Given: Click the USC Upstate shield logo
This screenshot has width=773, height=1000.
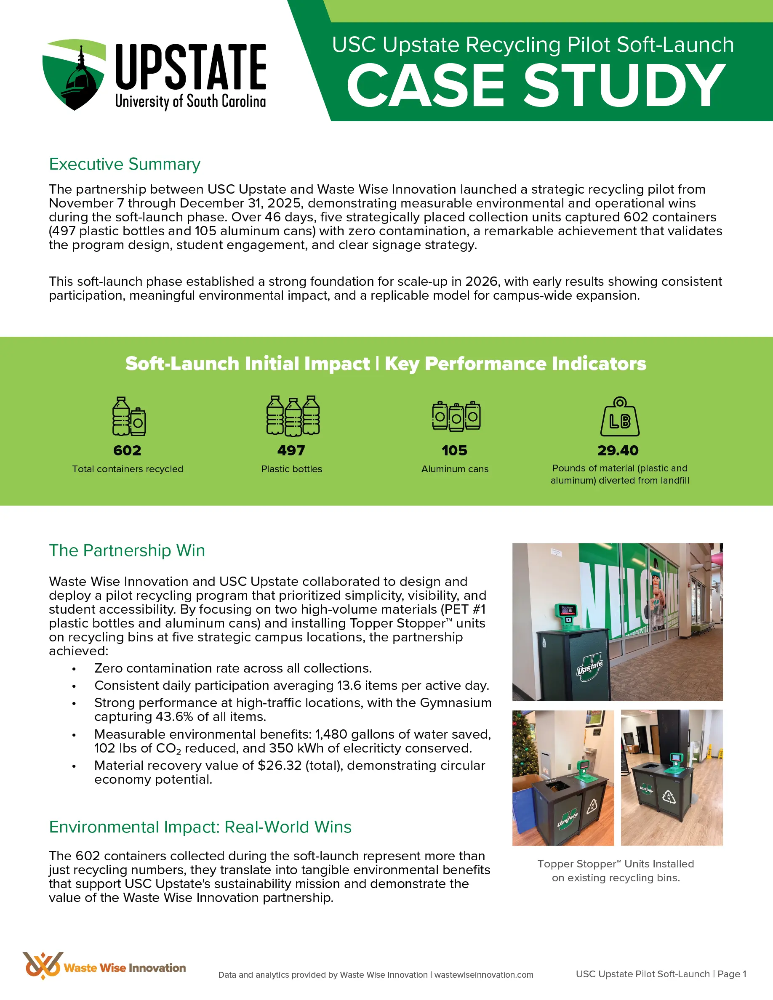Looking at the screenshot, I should (74, 74).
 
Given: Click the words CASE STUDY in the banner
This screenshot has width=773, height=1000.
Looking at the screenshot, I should (536, 85).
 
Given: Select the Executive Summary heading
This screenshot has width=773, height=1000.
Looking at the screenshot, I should (125, 164).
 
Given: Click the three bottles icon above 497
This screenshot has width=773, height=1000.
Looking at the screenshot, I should (293, 415).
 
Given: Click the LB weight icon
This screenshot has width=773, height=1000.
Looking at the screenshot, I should (620, 417).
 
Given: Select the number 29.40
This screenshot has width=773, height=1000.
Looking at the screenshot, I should (618, 451).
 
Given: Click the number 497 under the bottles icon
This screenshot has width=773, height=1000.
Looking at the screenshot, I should (291, 451).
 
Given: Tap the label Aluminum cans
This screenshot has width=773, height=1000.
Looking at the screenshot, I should (455, 469).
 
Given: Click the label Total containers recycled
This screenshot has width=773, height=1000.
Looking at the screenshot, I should (128, 469).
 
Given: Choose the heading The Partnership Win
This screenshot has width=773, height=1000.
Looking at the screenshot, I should (127, 551).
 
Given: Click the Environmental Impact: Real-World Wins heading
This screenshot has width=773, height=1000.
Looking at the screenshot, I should (200, 827).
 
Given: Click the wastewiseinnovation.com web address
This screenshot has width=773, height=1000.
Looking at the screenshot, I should (484, 975).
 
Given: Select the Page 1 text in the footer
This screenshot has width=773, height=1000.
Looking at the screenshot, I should (732, 974).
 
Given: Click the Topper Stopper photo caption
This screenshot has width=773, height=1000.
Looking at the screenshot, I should (616, 870).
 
